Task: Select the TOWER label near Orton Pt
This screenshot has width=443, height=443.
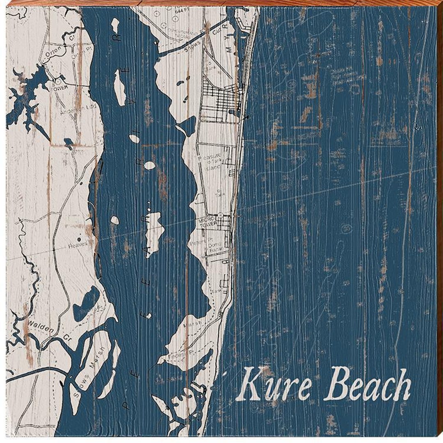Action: (60, 87)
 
